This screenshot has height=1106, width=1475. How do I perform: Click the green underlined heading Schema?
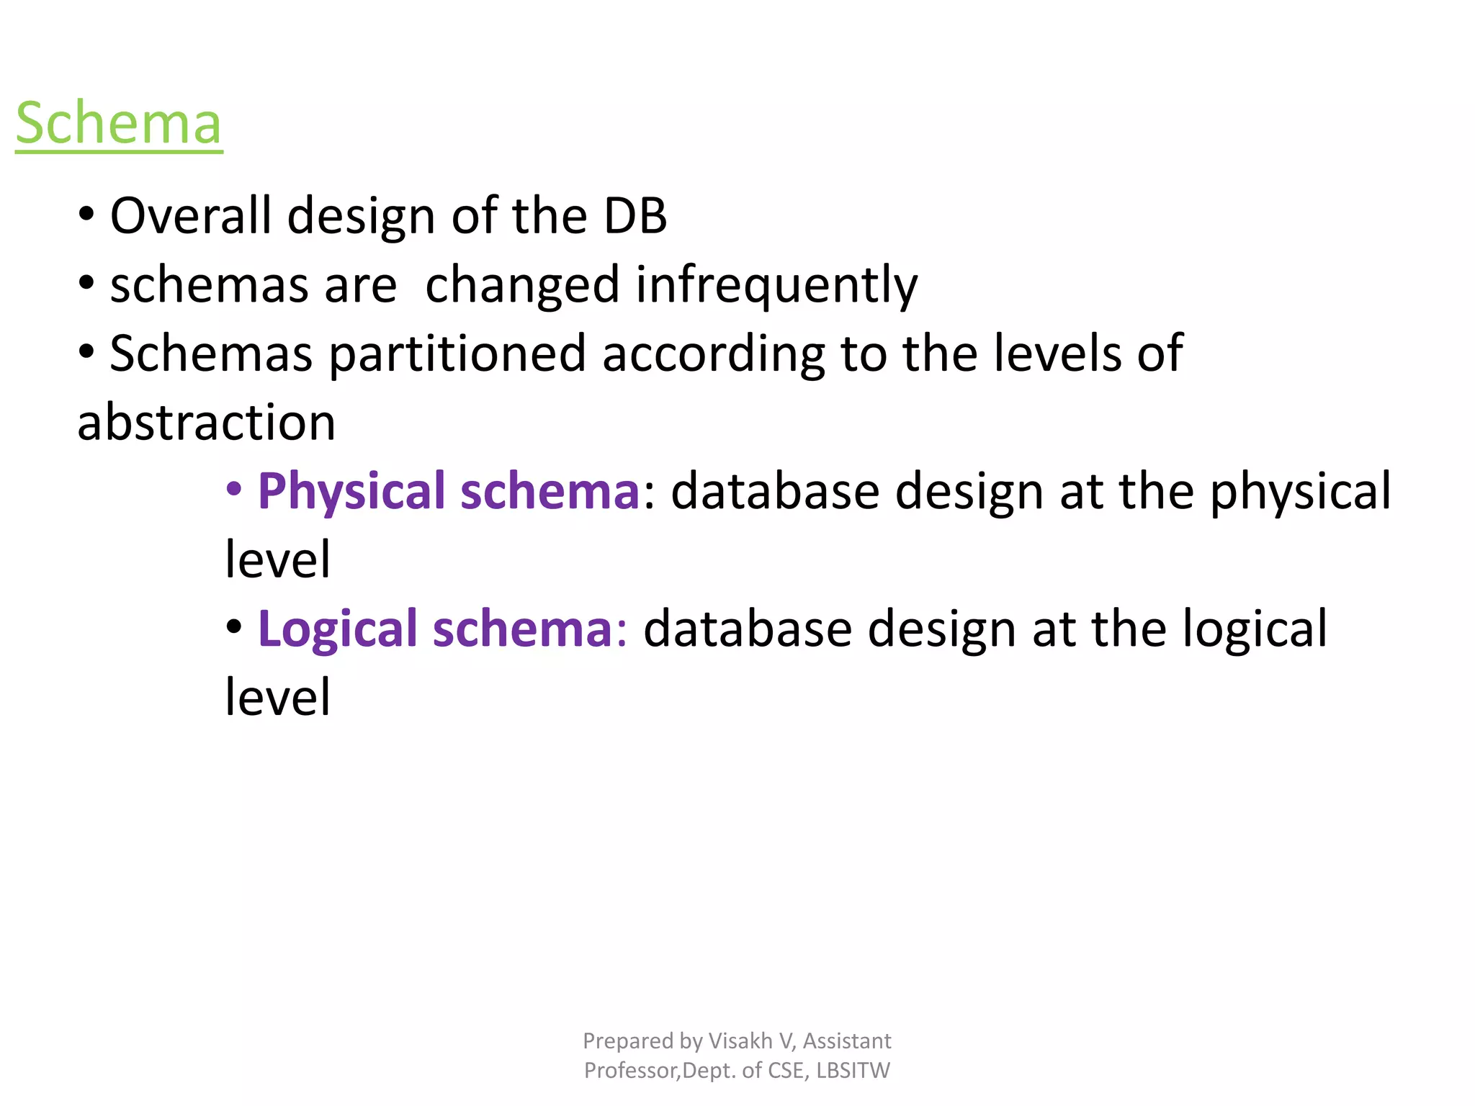point(119,124)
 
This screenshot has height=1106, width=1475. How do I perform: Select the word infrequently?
point(776,285)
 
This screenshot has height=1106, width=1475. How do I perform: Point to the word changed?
point(522,285)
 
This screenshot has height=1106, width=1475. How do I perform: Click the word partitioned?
point(457,354)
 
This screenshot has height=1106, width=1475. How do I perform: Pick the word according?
point(713,354)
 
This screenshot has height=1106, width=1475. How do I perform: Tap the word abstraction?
point(207,423)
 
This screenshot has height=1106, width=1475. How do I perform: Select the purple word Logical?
point(338,629)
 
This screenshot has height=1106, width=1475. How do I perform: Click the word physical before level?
point(1300,492)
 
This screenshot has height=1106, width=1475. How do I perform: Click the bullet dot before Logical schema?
point(233,627)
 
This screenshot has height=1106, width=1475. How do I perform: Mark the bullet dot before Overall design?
point(86,214)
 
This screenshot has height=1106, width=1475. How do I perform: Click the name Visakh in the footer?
point(740,1041)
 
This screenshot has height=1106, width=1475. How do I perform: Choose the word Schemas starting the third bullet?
point(211,354)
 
